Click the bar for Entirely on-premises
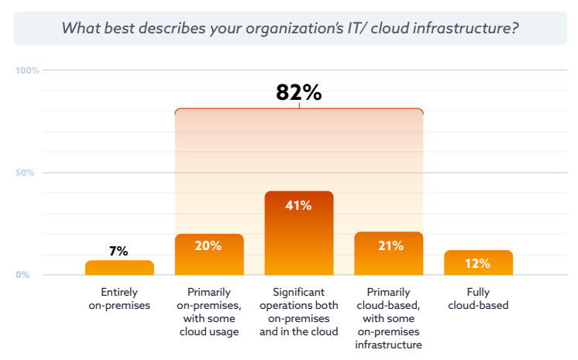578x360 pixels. click(x=119, y=268)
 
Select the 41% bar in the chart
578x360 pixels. click(x=299, y=240)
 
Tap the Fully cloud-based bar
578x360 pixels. click(x=478, y=263)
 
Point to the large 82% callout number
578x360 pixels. click(x=298, y=92)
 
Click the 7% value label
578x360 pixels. click(x=119, y=251)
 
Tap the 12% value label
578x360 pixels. click(x=478, y=263)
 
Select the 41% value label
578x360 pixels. click(x=299, y=205)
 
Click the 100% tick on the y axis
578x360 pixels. click(x=27, y=70)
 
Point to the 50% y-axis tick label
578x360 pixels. click(x=26, y=173)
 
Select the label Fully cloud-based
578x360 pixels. click(x=478, y=299)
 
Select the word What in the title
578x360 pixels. click(x=78, y=29)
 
